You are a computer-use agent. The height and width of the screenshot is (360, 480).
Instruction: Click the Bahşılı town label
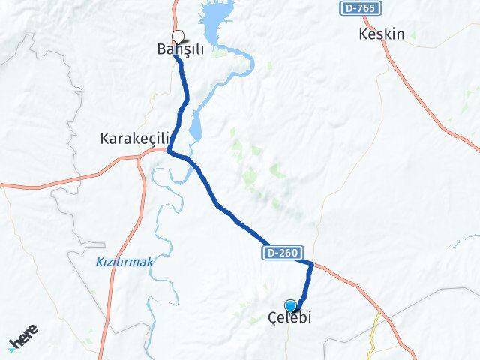point(181,49)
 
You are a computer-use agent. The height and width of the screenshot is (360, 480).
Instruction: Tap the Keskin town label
point(382,34)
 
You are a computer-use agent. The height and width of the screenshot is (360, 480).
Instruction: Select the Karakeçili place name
point(136,139)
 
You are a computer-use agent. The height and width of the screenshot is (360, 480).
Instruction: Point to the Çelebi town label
point(289,318)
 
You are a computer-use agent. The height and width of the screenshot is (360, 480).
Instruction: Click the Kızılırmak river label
point(124,261)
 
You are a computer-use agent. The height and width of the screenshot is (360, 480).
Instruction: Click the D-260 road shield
point(281,253)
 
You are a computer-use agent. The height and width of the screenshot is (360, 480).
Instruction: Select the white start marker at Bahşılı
point(178,35)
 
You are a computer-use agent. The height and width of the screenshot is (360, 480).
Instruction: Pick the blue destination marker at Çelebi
point(291,305)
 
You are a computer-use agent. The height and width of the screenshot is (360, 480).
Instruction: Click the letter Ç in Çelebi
point(272,318)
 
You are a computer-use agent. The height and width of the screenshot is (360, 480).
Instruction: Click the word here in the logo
point(26,337)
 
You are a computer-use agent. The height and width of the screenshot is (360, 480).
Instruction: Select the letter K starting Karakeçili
point(105,139)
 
